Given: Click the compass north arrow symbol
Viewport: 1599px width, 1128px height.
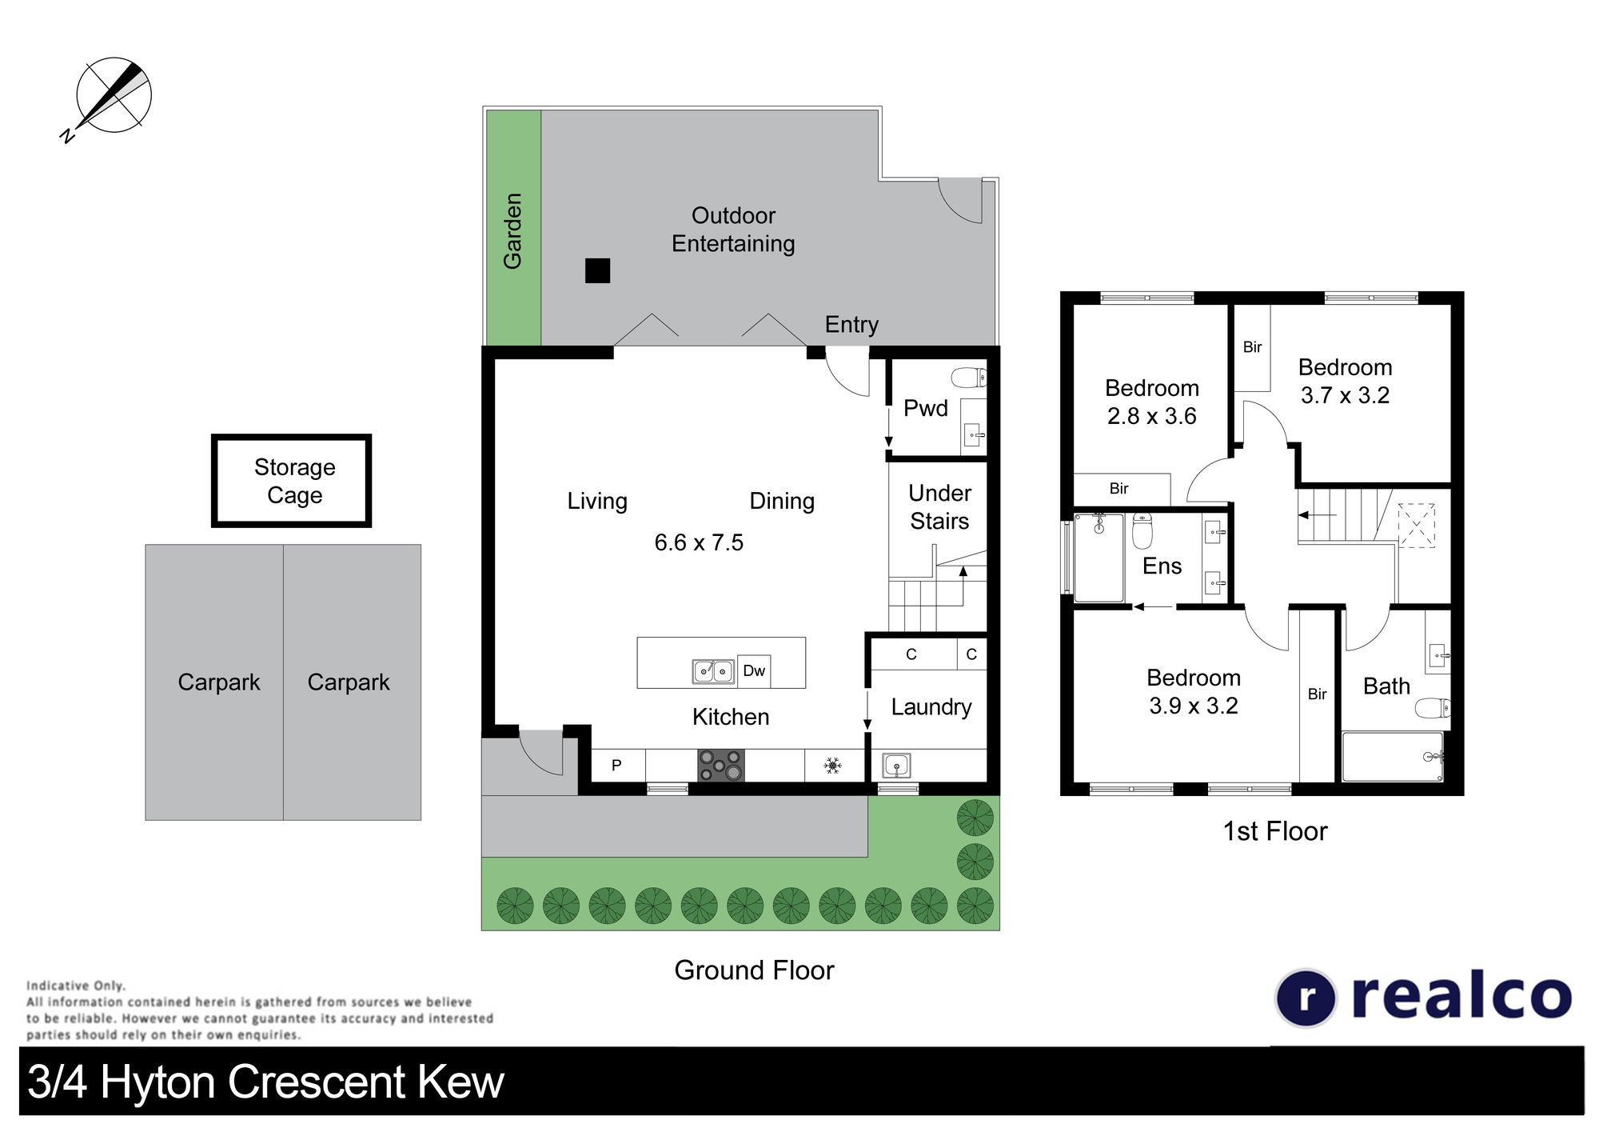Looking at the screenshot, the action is coord(113,96).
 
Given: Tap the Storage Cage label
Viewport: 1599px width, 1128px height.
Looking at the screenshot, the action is coord(294,481).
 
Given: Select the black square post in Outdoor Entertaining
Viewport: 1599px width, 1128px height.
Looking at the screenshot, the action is coord(597,270).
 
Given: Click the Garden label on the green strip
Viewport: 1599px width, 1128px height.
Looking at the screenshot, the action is coord(512,230).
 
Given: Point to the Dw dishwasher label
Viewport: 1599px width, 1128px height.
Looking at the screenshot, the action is coord(754,670).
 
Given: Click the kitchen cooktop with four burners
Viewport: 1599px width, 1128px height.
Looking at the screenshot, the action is coord(720,765).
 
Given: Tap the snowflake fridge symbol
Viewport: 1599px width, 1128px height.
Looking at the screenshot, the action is coord(833,766).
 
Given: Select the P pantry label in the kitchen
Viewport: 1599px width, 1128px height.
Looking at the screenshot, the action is coord(616,766).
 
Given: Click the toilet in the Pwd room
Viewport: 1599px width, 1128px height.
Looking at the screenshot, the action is coord(969,377).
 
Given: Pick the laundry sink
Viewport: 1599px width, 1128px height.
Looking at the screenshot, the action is coord(896,766).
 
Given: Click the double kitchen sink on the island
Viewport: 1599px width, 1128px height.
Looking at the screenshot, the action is coord(713,671).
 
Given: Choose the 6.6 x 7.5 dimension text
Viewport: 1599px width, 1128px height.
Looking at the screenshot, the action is coord(699,542).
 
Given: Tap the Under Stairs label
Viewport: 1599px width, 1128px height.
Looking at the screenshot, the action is coord(939,507).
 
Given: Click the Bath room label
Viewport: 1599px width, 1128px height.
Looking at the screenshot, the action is coord(1386,686).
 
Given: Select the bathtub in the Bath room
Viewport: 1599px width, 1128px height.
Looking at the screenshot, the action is coord(1393,757).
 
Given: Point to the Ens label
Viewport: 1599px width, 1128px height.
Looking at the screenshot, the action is coord(1162,566).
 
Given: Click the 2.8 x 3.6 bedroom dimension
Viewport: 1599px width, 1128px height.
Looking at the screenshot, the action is coord(1151,416).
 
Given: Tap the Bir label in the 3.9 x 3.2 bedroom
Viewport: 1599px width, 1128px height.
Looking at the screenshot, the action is coord(1317,694).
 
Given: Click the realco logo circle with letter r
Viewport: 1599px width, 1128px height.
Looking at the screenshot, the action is coord(1305,998).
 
